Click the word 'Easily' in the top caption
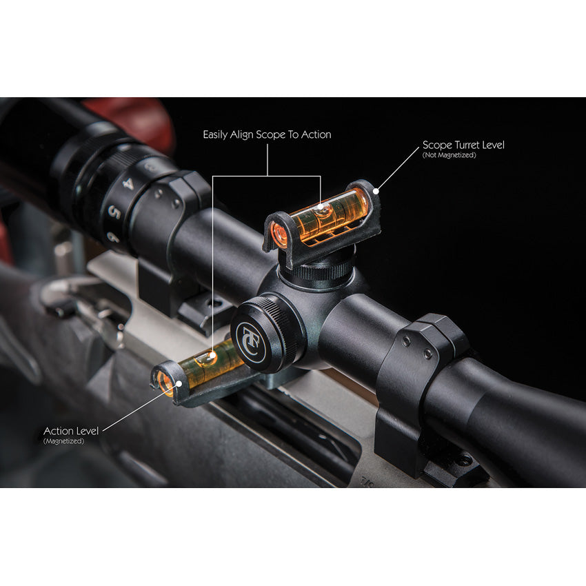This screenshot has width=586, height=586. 214,135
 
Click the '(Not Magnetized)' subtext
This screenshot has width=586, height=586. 449,155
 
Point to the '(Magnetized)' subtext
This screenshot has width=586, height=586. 63,441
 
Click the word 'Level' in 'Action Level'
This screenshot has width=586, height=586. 86,431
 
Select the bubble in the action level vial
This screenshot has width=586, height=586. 207,358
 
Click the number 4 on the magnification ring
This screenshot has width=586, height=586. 128,184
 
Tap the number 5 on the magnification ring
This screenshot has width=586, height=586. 114,213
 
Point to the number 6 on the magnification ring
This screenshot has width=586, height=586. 112,237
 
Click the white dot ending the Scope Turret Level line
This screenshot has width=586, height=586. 376,192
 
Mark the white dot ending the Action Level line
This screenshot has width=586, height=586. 179,383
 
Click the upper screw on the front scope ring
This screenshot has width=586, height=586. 407,341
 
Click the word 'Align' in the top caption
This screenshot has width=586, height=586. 241,135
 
